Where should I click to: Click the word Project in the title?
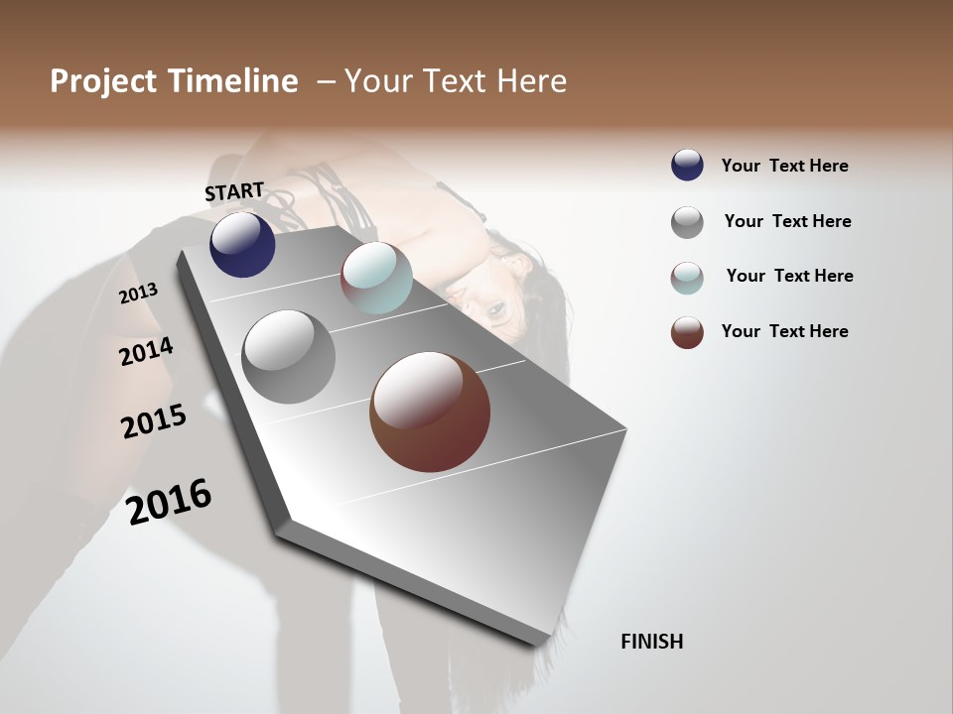pyautogui.click(x=104, y=81)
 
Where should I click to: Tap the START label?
pyautogui.click(x=234, y=191)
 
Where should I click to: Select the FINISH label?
pyautogui.click(x=652, y=642)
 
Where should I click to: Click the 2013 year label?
pyautogui.click(x=138, y=294)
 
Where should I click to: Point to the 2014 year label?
pyautogui.click(x=146, y=351)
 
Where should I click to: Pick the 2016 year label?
pyautogui.click(x=169, y=501)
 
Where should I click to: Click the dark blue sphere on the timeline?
pyautogui.click(x=242, y=244)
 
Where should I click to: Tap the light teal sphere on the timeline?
pyautogui.click(x=376, y=278)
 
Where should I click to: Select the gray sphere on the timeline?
pyautogui.click(x=289, y=357)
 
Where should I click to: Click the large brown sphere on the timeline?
pyautogui.click(x=430, y=412)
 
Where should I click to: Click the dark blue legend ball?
pyautogui.click(x=687, y=166)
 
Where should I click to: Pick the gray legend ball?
pyautogui.click(x=687, y=222)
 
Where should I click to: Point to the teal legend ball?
pyautogui.click(x=687, y=278)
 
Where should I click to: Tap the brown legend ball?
pyautogui.click(x=687, y=332)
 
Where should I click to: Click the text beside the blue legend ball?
pyautogui.click(x=784, y=166)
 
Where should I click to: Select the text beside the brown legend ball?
pyautogui.click(x=784, y=331)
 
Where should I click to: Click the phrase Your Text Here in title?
pyautogui.click(x=456, y=81)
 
